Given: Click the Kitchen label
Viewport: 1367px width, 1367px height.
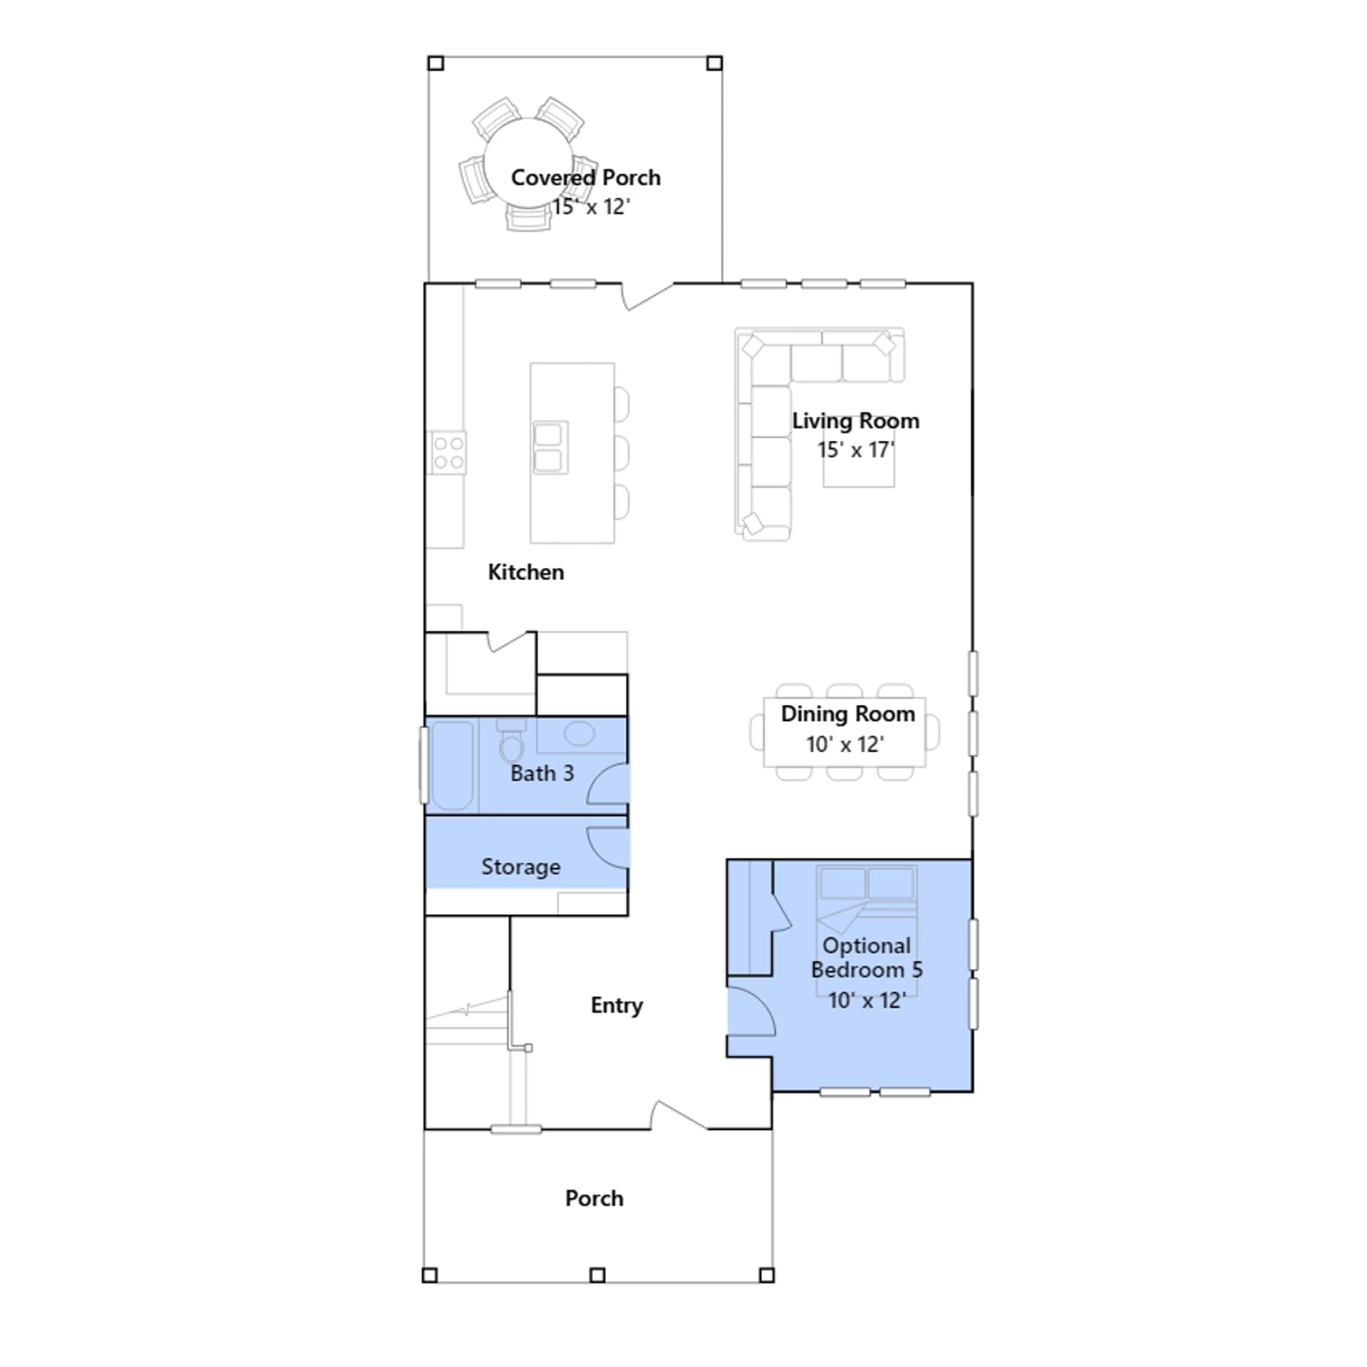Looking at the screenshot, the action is click(x=525, y=572).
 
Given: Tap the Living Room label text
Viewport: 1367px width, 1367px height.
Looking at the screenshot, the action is click(x=855, y=420).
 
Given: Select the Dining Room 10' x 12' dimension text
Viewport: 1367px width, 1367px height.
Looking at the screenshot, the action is click(x=845, y=744).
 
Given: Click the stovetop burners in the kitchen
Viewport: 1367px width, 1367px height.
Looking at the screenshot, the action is click(x=448, y=452).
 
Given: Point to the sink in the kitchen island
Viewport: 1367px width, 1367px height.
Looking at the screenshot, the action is click(x=549, y=447).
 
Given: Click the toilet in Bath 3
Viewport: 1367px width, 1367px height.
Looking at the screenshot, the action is click(x=512, y=741).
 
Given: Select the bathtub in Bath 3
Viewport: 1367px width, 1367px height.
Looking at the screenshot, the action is click(x=450, y=765).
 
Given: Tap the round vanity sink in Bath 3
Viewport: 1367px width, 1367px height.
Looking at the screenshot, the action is click(x=579, y=734).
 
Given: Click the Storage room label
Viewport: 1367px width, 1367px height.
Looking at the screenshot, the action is click(x=520, y=866).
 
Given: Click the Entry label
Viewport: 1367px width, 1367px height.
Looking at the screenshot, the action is click(x=616, y=1005).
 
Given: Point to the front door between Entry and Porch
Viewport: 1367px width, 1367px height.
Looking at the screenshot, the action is click(x=678, y=1115).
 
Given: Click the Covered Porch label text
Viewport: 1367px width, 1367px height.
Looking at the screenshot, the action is click(x=585, y=177).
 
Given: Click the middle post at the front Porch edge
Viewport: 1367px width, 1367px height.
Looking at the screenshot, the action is click(x=597, y=1275).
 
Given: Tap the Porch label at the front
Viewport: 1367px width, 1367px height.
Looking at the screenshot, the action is click(x=594, y=1198).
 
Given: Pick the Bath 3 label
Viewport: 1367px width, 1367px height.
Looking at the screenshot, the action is click(x=542, y=773).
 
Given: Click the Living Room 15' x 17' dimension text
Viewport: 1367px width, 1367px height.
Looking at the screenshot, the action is click(x=855, y=449).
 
